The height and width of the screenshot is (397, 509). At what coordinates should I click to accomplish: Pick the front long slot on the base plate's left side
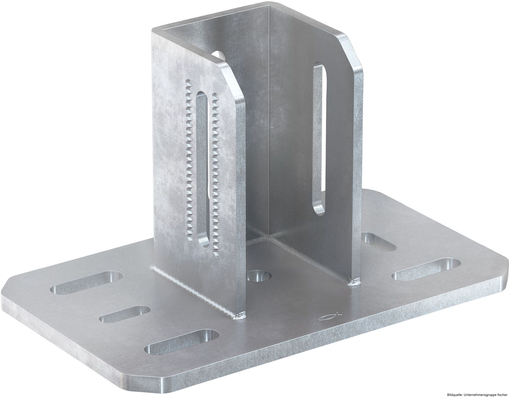pos(182,341)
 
